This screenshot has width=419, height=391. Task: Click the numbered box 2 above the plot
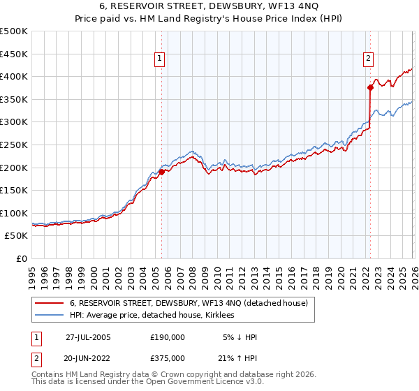(x=368, y=59)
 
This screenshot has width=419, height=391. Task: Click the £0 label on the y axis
(x=20, y=258)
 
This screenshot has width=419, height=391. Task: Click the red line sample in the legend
(x=49, y=303)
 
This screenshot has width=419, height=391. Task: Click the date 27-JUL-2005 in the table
(x=88, y=337)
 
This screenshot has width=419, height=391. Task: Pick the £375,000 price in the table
(x=168, y=357)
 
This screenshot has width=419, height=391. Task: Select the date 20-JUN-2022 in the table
(x=88, y=357)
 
